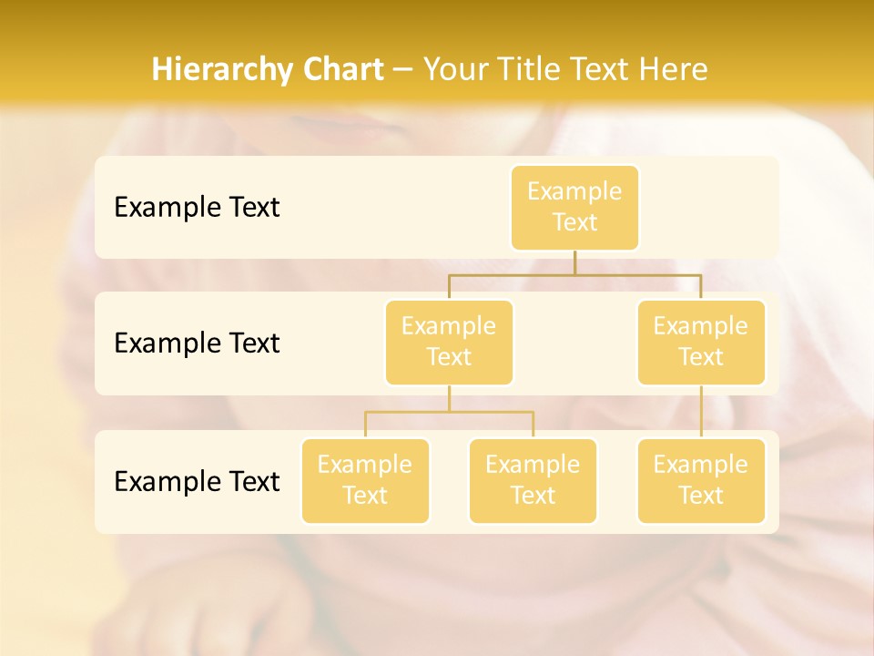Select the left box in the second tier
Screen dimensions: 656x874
(449, 342)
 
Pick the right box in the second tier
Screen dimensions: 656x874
(701, 342)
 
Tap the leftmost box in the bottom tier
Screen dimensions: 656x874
(365, 480)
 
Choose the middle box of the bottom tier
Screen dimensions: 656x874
(533, 480)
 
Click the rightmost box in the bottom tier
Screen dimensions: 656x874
(701, 480)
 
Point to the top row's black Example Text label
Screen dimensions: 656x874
(197, 208)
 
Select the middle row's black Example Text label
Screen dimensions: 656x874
(197, 343)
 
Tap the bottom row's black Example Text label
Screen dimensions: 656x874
(197, 482)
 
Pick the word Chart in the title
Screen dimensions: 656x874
(341, 69)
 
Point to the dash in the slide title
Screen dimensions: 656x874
(403, 70)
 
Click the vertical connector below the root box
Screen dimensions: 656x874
(574, 262)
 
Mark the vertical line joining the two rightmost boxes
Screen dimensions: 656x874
(701, 412)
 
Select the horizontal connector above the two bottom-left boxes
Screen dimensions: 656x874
(449, 412)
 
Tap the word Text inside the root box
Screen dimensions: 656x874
(574, 223)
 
